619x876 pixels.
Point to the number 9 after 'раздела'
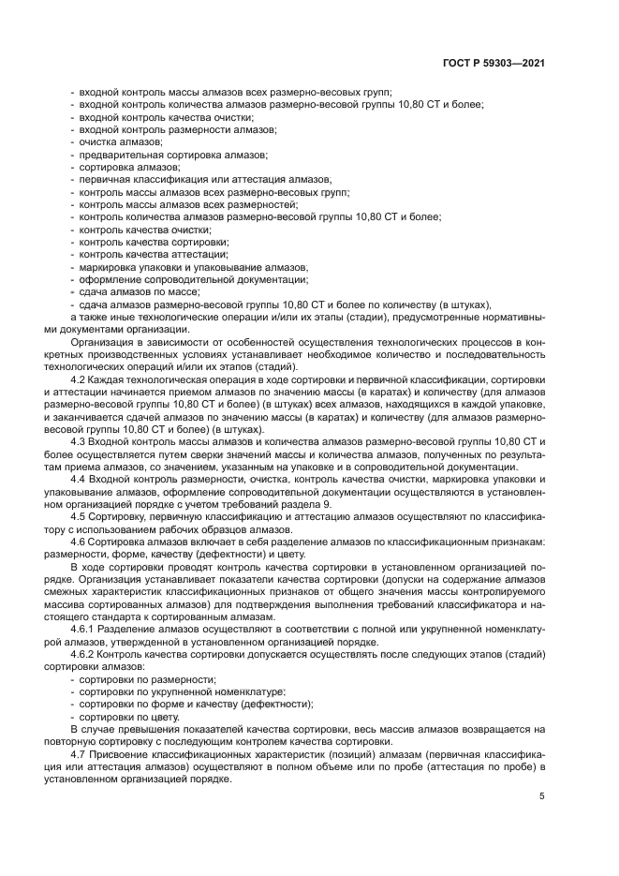pos(327,504)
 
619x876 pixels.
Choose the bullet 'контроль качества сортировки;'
pos(154,242)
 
